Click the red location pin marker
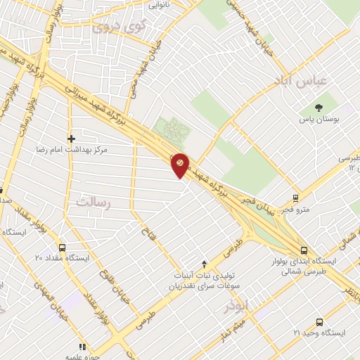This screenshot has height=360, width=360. [180, 165]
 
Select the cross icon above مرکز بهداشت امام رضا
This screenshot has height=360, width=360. [71, 138]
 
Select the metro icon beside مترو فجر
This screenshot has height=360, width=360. [296, 198]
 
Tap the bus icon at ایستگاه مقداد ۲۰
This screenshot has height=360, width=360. [63, 247]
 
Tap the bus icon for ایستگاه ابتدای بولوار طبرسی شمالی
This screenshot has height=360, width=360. [303, 250]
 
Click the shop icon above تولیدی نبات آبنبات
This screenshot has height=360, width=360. [205, 264]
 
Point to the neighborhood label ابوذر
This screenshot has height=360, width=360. [237, 307]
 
